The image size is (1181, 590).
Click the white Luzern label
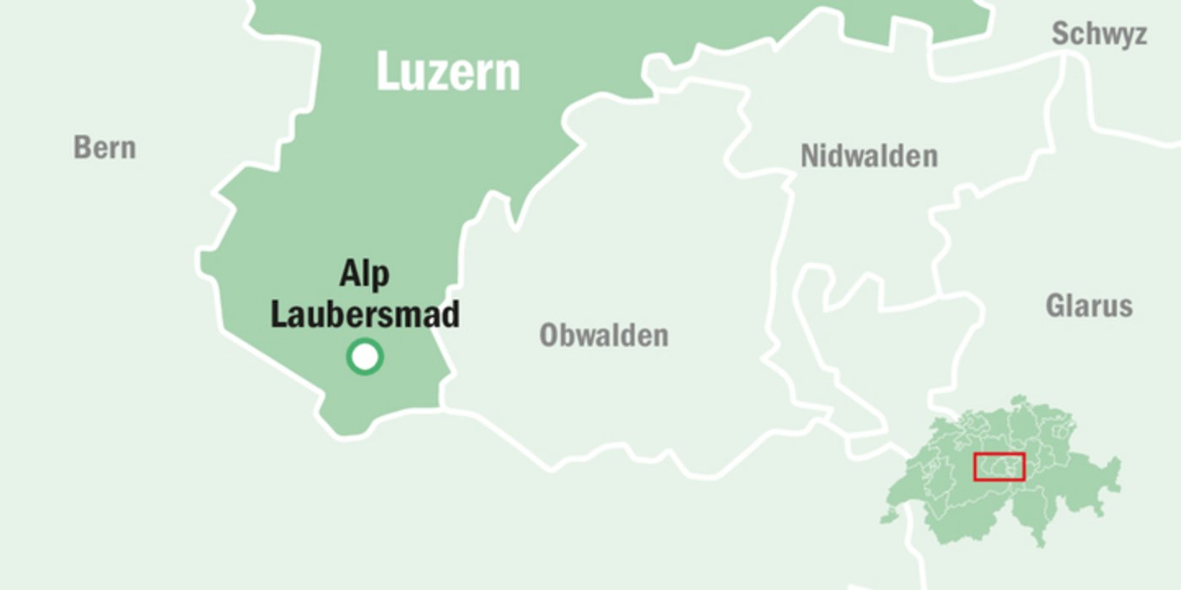coord(448,72)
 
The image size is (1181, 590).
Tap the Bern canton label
coord(105,148)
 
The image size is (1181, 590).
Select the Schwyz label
coord(1098,35)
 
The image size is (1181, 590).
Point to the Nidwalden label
coord(869,156)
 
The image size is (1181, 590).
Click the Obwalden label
coord(604,335)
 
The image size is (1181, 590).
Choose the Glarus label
coord(1089,305)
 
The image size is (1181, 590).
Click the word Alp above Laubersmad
coord(364,274)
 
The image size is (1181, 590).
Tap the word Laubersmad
coord(364,314)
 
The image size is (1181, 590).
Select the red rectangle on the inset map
coord(999,467)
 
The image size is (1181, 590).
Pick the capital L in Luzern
coord(387,72)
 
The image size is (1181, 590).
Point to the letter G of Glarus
coord(1056,305)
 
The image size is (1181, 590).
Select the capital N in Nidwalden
coord(810,156)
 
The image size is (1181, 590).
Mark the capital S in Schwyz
coord(1060,35)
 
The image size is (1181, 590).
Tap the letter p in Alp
coord(380,278)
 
